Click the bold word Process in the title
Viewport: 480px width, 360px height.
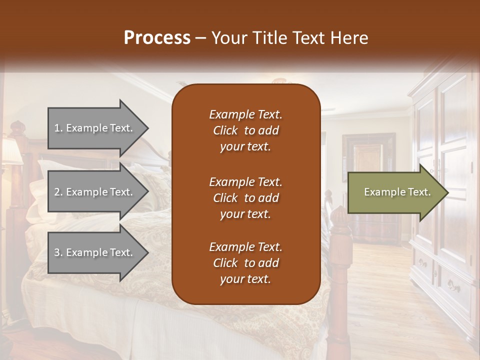157,38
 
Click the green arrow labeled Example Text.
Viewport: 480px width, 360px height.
395,192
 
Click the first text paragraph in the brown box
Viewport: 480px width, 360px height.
245,130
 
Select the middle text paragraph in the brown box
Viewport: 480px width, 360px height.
245,198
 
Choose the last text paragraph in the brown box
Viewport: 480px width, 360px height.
245,263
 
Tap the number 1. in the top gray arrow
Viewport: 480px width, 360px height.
58,128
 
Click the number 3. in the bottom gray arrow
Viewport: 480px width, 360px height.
58,252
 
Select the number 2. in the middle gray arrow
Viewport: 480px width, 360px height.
58,192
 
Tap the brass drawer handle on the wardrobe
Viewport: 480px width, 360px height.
454,286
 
